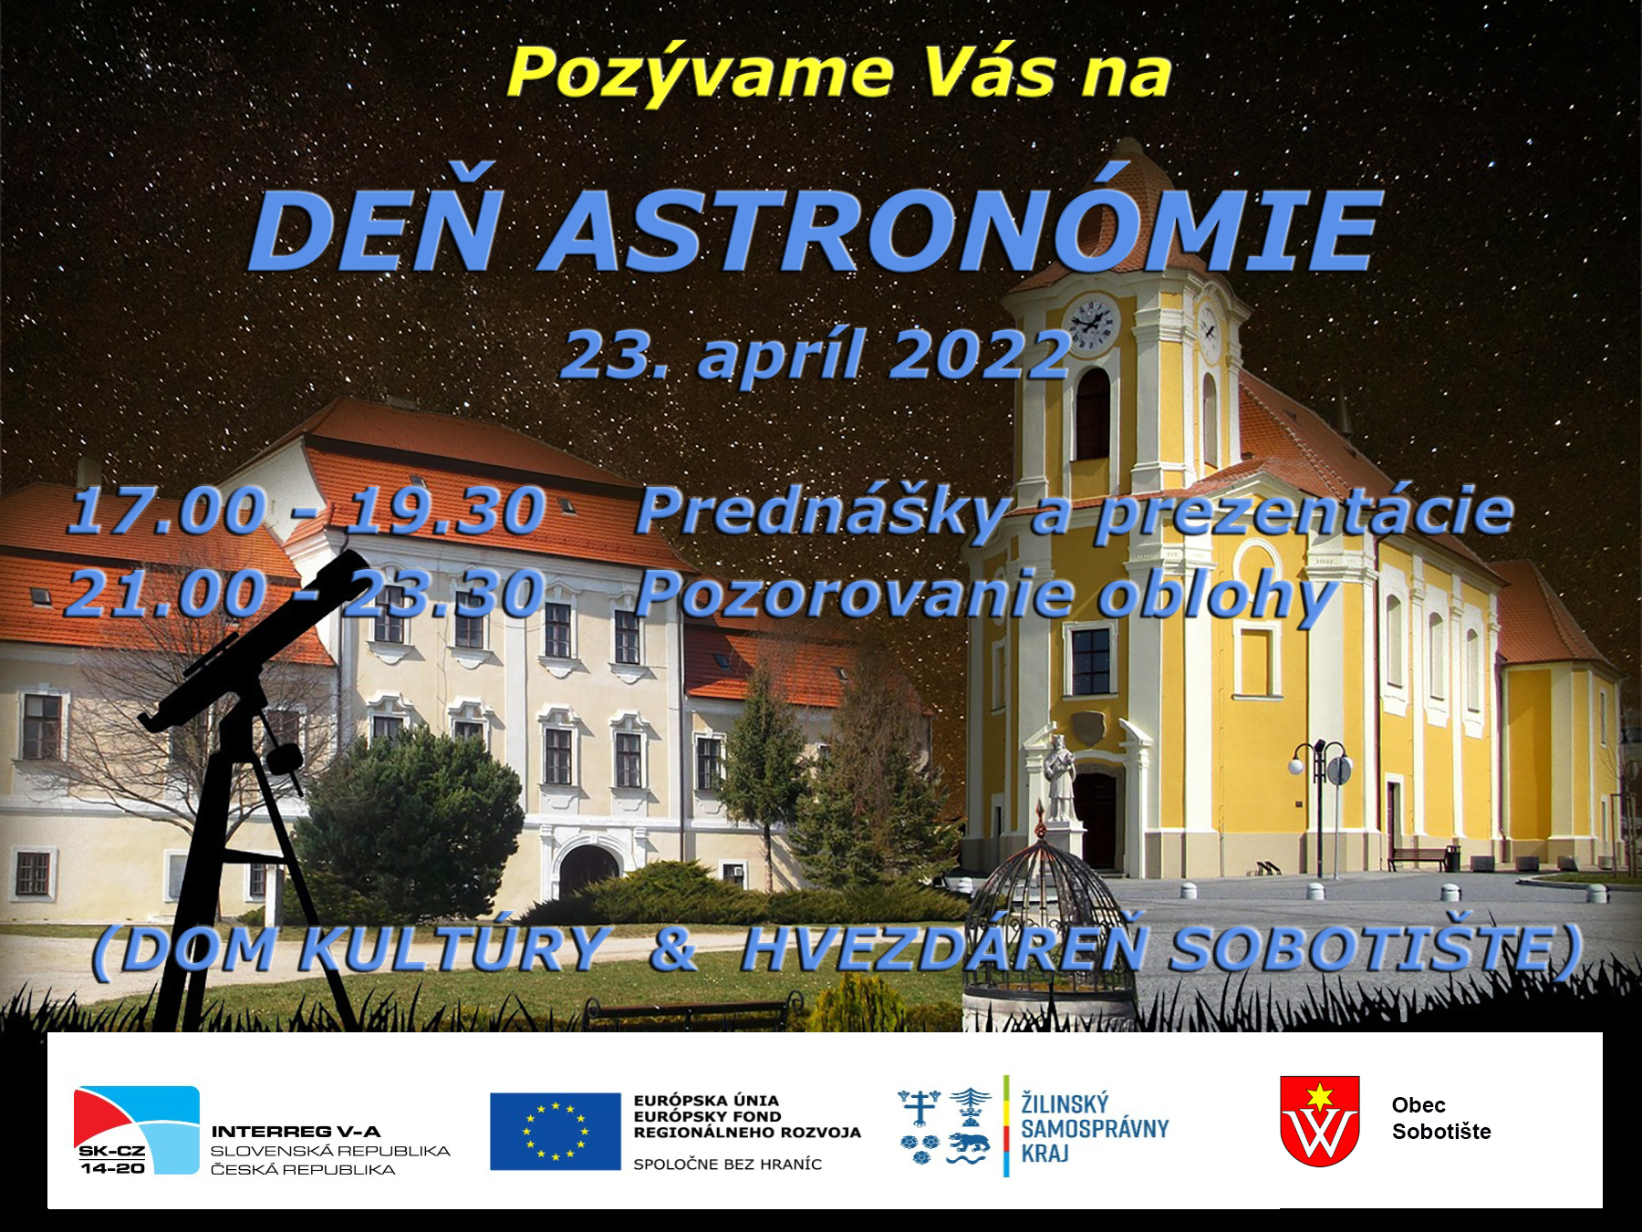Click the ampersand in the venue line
(x=674, y=949)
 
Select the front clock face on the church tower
(x=1090, y=325)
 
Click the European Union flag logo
(x=556, y=1131)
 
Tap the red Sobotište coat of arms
(x=1320, y=1121)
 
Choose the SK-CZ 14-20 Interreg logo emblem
(x=137, y=1130)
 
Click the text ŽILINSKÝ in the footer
(x=1065, y=1103)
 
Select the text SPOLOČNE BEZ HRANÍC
(x=727, y=1165)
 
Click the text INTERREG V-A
(x=296, y=1132)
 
